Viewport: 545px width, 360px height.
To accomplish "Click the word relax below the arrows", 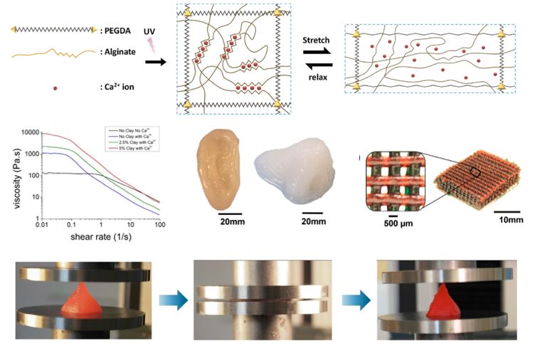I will pos(317,76).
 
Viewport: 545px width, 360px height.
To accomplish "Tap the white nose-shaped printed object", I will pos(288,171).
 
